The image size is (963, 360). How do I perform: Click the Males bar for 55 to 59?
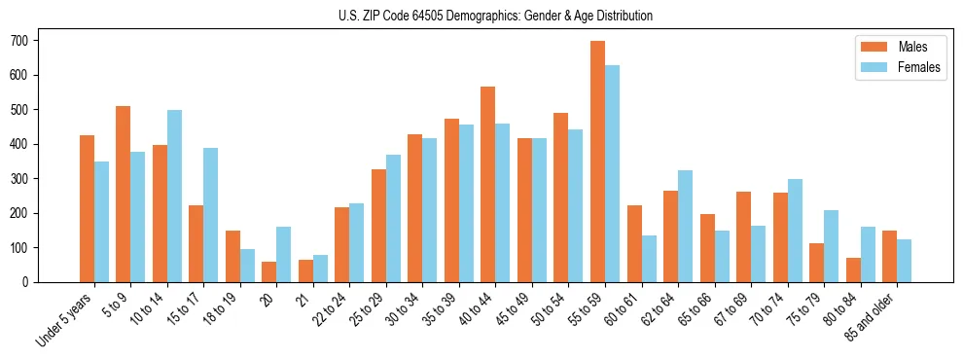click(x=598, y=162)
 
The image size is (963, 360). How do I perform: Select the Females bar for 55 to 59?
click(x=613, y=173)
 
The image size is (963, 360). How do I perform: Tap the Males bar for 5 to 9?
click(x=124, y=194)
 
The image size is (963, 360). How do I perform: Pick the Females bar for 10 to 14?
click(x=174, y=196)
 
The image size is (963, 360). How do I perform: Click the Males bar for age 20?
click(x=269, y=271)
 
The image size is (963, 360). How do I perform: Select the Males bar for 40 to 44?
click(x=488, y=184)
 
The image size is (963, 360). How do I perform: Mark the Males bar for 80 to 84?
click(x=853, y=270)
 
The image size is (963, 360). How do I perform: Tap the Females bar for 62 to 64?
click(x=686, y=226)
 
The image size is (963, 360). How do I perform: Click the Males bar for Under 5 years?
click(x=87, y=208)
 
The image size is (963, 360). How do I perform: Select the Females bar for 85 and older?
click(x=905, y=261)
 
